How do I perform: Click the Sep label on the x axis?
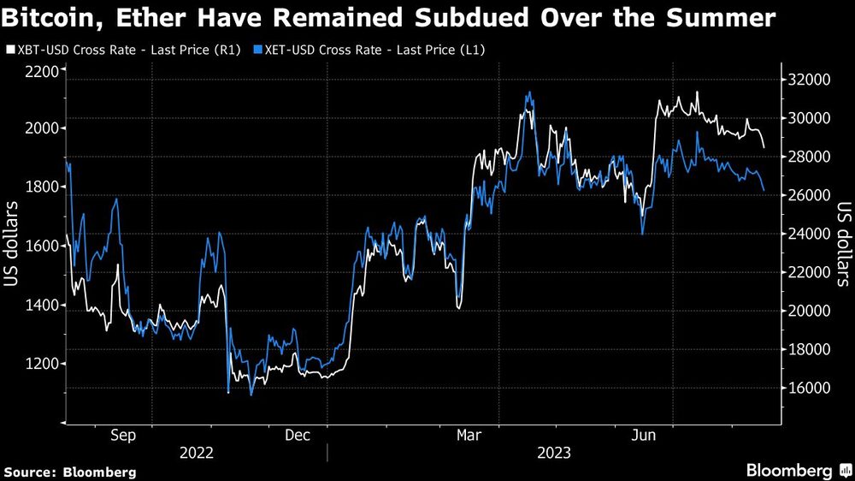[x=123, y=436]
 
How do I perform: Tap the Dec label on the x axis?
[x=297, y=436]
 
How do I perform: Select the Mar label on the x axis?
[x=469, y=436]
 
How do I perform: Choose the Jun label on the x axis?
[x=644, y=436]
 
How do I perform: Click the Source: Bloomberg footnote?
[x=70, y=472]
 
